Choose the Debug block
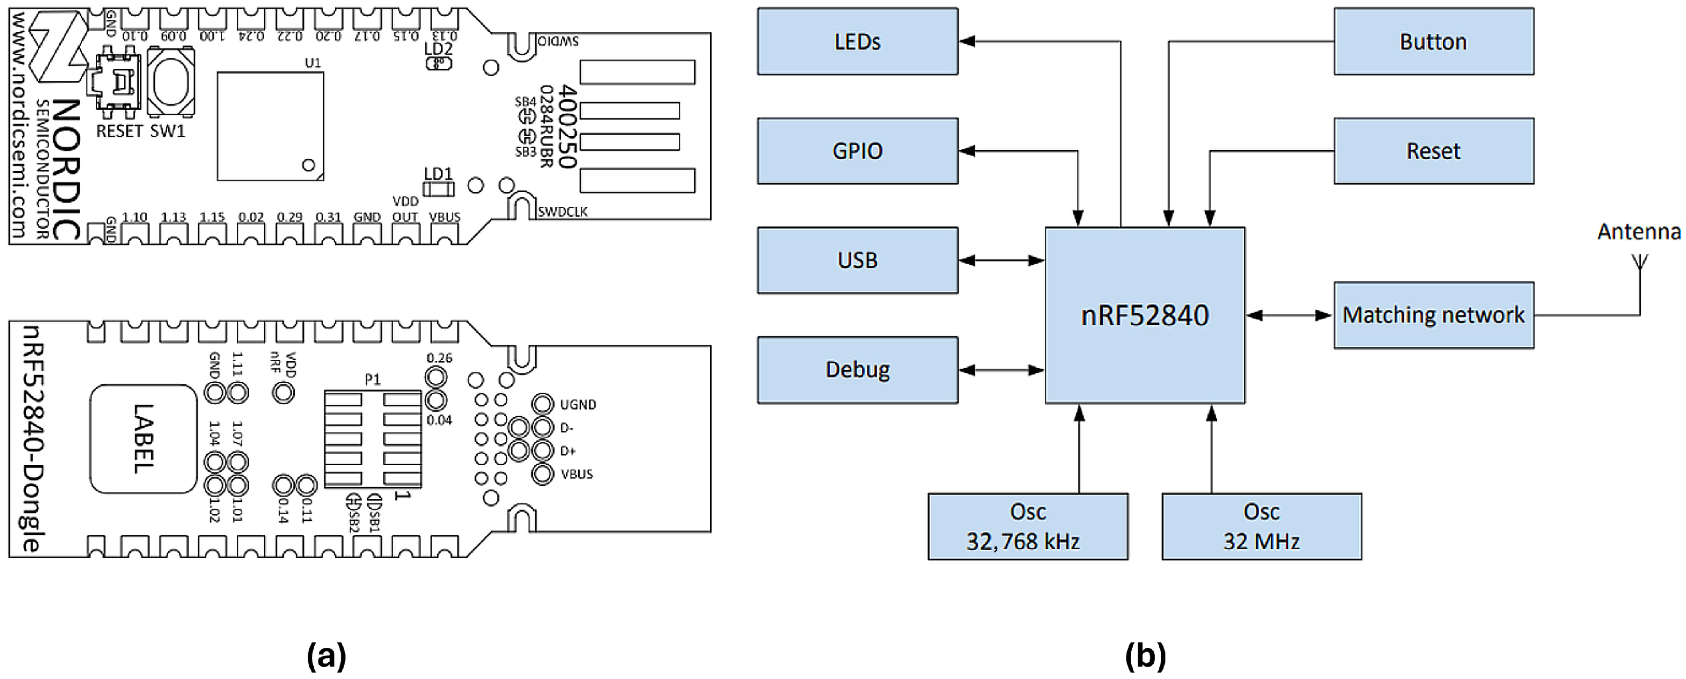[857, 370]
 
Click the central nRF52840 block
[1145, 315]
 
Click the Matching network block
[1433, 315]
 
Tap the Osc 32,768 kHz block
[1028, 526]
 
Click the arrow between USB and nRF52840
[1002, 260]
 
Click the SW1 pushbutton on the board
[170, 83]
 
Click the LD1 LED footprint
[438, 189]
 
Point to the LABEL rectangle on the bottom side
[143, 438]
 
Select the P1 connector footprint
[373, 438]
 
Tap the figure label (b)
[1145, 656]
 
